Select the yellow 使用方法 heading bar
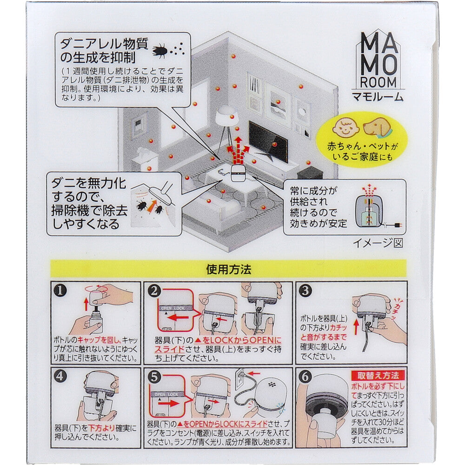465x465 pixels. tap(228, 269)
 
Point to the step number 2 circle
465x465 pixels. tap(154, 292)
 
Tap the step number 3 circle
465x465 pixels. tap(305, 292)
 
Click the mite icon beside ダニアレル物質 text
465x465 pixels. tap(160, 50)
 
